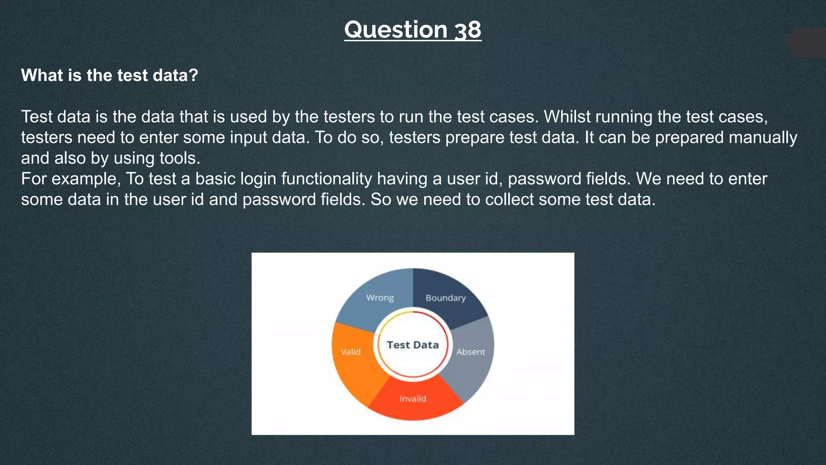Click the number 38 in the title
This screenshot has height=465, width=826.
tap(468, 30)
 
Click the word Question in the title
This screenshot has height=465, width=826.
tap(396, 30)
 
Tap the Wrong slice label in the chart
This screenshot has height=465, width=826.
tap(380, 298)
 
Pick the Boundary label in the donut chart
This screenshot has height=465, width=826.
tap(446, 298)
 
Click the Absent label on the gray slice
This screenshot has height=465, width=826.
tap(471, 352)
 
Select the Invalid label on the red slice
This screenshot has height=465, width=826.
tap(413, 399)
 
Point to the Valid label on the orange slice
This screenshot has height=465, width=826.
tap(350, 352)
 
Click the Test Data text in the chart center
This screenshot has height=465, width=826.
tap(413, 345)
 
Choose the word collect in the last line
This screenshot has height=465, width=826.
tap(509, 199)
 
